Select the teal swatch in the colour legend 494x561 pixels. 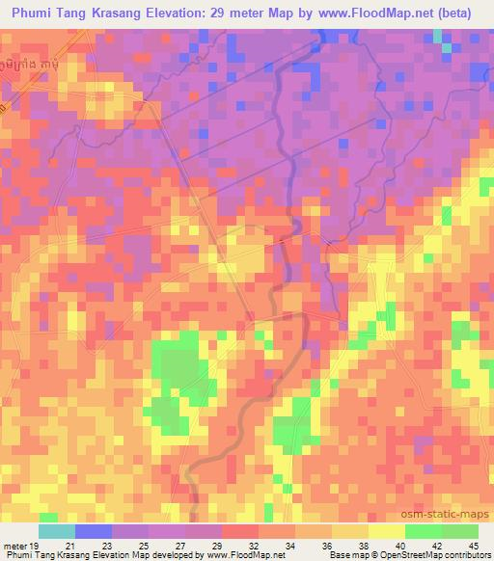click(x=57, y=531)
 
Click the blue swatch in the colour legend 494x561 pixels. click(x=94, y=531)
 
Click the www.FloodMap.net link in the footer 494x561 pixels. click(x=236, y=555)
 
